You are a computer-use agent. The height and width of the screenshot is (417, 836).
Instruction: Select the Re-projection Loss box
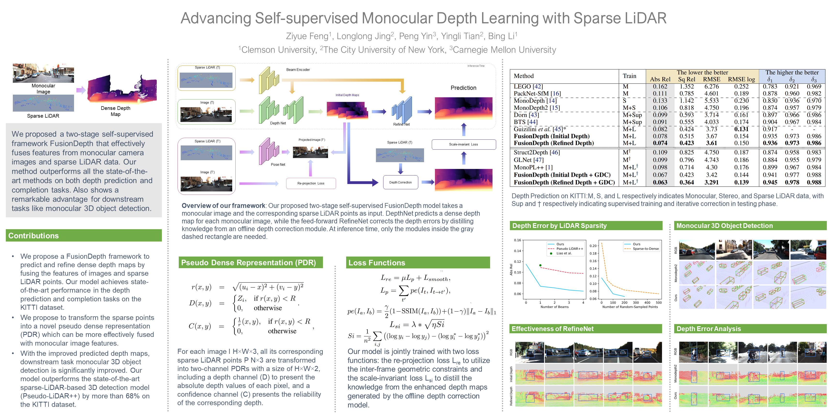point(311,183)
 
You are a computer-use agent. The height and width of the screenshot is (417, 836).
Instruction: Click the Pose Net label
point(278,165)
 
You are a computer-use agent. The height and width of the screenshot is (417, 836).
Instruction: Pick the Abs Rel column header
point(660,79)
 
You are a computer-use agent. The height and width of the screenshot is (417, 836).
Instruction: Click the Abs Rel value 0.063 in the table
point(660,182)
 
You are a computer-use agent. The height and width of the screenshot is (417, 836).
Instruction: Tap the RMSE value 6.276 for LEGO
point(711,87)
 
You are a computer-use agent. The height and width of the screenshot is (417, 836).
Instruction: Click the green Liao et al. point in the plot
point(540,265)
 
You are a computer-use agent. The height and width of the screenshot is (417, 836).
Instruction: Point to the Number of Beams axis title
point(554,307)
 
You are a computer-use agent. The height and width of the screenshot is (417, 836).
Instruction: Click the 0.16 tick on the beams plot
point(517,240)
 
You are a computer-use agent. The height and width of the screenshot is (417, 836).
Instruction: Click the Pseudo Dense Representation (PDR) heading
point(248,263)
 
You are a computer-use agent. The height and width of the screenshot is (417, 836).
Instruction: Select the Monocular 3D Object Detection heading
point(724,226)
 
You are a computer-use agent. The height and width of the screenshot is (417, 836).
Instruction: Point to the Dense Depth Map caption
point(116,111)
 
